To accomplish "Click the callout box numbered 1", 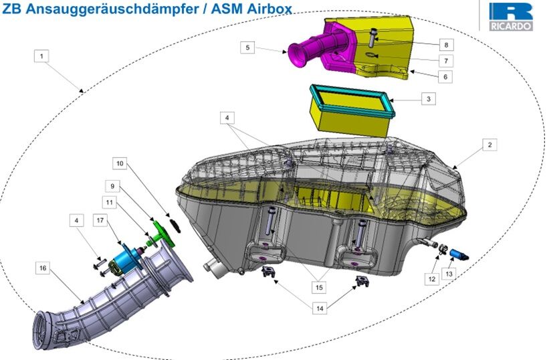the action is [41, 56].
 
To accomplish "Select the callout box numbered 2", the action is [489, 145].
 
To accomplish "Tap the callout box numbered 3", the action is [429, 99].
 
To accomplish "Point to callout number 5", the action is [247, 48].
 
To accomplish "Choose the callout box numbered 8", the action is [446, 45].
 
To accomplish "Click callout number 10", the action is [120, 163].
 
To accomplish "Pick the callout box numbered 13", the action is [449, 274].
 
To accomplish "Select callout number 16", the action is [43, 268].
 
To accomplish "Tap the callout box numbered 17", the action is [100, 220].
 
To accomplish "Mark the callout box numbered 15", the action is [319, 287].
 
